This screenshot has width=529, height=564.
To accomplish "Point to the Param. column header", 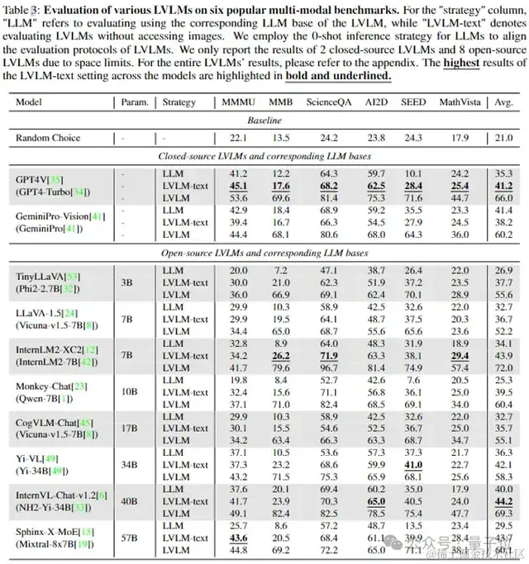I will (x=131, y=102).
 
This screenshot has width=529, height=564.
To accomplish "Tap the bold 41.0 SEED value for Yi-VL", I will (x=413, y=465).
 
